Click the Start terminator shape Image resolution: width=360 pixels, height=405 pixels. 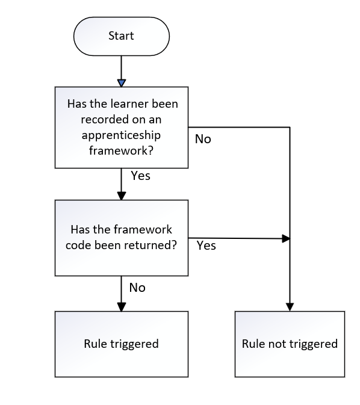click(x=121, y=36)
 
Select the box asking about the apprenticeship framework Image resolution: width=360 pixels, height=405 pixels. click(x=121, y=128)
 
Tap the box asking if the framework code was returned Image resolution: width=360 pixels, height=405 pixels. click(x=121, y=238)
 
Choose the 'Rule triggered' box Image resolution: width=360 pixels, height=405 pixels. click(x=121, y=344)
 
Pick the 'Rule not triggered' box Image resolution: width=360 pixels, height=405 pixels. click(x=290, y=344)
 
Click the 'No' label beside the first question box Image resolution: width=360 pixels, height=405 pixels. click(x=203, y=139)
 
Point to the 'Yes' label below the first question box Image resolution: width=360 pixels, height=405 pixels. click(x=140, y=176)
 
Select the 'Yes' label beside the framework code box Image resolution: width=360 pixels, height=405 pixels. click(x=206, y=246)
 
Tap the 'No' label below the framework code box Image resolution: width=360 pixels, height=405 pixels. click(x=137, y=288)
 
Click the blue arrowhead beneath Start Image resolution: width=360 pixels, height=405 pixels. click(x=121, y=82)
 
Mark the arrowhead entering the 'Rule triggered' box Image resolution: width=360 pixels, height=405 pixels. click(x=121, y=307)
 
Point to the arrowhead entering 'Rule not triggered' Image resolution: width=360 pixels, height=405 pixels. click(x=290, y=307)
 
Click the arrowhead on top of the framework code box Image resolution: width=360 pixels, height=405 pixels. click(x=121, y=196)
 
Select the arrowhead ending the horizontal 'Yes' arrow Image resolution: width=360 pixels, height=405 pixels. click(x=287, y=239)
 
